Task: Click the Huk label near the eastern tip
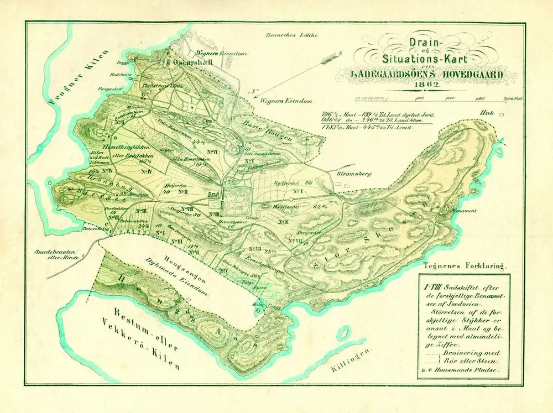[x=487, y=113]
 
